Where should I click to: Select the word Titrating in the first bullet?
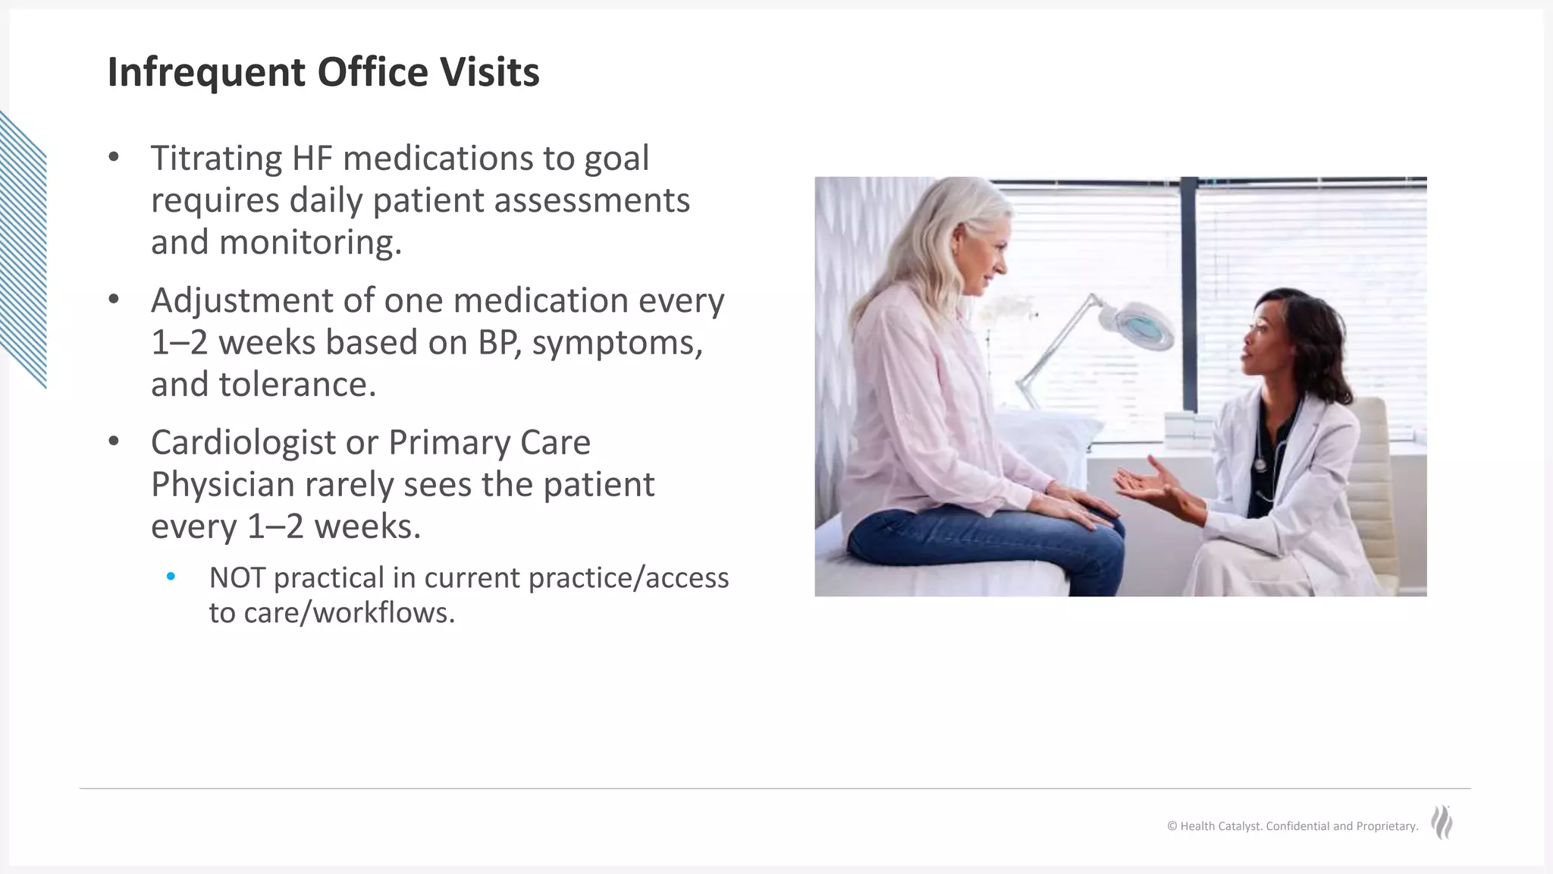click(216, 159)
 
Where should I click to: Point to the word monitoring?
click(309, 243)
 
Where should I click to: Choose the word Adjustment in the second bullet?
click(241, 300)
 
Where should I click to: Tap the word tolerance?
click(296, 385)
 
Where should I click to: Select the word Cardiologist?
click(243, 442)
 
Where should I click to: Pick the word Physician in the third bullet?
click(222, 485)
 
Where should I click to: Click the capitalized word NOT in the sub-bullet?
click(237, 578)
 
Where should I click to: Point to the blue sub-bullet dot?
click(171, 577)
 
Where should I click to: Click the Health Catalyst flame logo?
click(1442, 822)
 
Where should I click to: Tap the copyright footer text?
click(1292, 826)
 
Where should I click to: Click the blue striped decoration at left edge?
click(23, 250)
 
